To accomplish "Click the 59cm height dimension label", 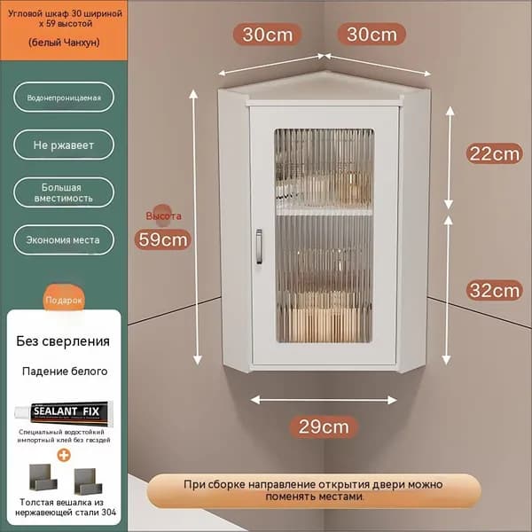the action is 163,239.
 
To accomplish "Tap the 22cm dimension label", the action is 495,154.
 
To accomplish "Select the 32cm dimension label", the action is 495,291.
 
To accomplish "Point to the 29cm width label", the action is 324,426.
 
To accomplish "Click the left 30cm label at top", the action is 268,35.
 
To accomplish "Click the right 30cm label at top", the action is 372,35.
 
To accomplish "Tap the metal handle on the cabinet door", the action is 259,246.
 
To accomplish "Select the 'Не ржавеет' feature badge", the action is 64,145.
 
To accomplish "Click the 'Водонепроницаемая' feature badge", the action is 64,98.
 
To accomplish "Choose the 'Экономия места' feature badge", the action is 64,240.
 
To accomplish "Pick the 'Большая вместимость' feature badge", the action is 64,192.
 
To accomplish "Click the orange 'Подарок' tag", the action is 64,300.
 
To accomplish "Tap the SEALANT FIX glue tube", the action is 64,412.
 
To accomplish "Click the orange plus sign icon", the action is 64,456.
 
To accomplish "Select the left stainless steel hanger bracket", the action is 43,477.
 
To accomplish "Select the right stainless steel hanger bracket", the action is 88,481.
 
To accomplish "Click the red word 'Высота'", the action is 163,215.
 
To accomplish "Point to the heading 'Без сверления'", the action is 63,341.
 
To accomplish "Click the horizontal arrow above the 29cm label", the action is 324,401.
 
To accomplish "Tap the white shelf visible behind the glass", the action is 325,212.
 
